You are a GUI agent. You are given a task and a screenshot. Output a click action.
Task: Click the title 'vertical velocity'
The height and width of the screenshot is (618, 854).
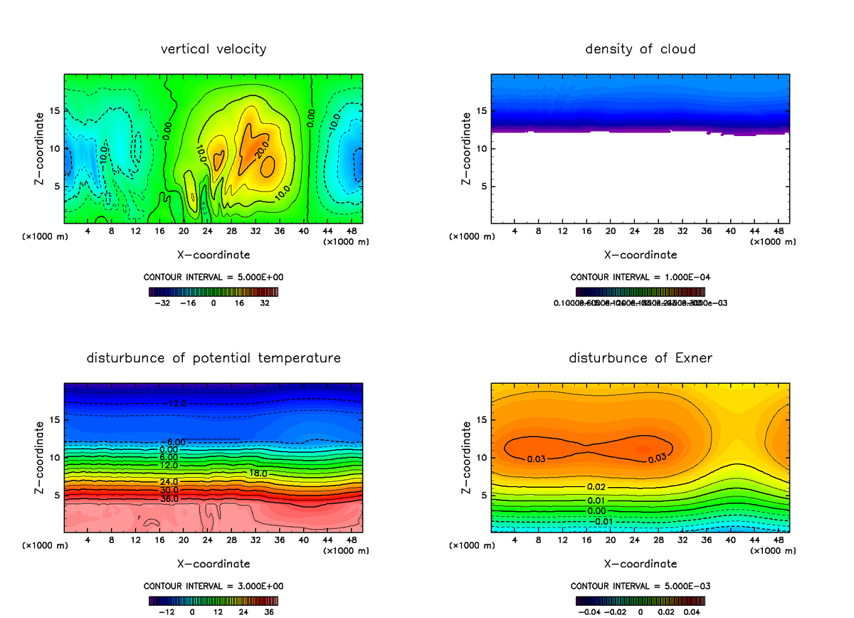pyautogui.click(x=213, y=49)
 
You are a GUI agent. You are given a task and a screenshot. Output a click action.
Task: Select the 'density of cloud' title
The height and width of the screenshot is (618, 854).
pyautogui.click(x=640, y=49)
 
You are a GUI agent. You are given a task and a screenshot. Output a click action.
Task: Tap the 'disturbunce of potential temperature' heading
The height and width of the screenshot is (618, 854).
pyautogui.click(x=213, y=357)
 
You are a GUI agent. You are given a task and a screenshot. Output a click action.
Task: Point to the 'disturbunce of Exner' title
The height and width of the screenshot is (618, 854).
pyautogui.click(x=640, y=357)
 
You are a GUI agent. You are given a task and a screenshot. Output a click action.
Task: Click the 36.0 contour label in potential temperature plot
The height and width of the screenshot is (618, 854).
pyautogui.click(x=169, y=498)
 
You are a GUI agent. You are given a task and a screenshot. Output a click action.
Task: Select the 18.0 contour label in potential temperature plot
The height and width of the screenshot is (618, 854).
pyautogui.click(x=258, y=473)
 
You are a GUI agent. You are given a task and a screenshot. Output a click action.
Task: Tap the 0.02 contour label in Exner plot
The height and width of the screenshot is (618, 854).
pyautogui.click(x=596, y=487)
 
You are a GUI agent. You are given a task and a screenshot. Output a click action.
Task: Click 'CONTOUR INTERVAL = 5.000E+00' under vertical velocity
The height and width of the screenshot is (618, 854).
pyautogui.click(x=213, y=276)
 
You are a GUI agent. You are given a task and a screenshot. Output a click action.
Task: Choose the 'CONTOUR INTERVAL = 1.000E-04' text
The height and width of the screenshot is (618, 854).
pyautogui.click(x=640, y=277)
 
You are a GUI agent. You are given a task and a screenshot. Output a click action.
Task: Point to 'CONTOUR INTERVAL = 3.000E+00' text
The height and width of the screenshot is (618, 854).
pyautogui.click(x=213, y=586)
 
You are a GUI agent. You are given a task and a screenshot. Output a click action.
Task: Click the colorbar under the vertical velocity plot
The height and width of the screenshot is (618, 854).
pyautogui.click(x=213, y=291)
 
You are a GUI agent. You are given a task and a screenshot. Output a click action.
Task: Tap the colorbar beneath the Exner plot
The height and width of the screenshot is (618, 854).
pyautogui.click(x=640, y=601)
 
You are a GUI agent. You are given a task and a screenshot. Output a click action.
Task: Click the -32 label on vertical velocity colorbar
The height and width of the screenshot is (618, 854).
pyautogui.click(x=165, y=303)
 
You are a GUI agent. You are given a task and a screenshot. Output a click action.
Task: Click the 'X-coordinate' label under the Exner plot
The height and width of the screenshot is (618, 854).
pyautogui.click(x=640, y=564)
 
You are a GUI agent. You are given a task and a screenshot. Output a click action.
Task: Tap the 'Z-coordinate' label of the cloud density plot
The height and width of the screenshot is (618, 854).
pyautogui.click(x=466, y=150)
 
